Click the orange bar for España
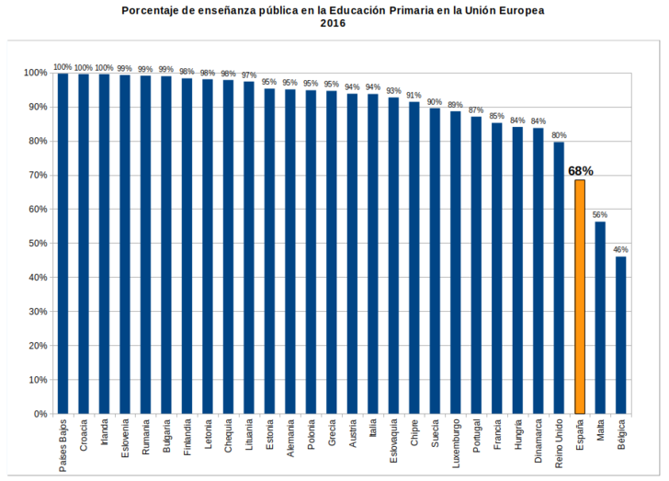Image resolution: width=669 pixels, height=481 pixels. point(580,296)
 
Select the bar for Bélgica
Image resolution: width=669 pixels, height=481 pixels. point(621,335)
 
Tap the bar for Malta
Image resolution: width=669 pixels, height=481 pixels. point(600,317)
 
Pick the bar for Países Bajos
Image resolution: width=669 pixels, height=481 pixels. point(62,243)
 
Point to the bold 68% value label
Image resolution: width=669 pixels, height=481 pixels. point(581,171)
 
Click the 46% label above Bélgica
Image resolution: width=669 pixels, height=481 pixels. point(621,249)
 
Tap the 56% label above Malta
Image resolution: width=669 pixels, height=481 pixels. point(600,214)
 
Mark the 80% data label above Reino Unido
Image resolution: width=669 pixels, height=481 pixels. point(559,135)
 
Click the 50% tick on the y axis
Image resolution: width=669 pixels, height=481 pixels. point(37,244)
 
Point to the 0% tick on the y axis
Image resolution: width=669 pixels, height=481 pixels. point(40,414)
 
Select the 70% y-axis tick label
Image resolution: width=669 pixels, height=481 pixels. point(37,176)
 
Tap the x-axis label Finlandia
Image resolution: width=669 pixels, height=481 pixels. point(187,441)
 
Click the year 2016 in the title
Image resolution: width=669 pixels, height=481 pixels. point(333,23)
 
